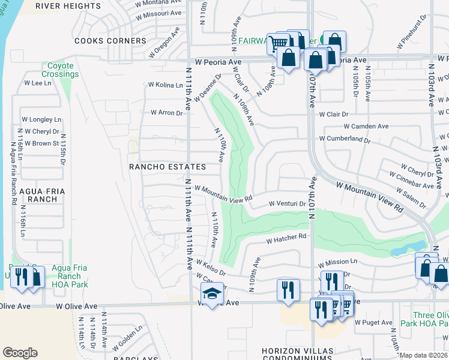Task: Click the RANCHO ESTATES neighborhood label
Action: click(168, 167)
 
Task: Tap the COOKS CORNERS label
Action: click(110, 41)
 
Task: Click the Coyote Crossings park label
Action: click(61, 70)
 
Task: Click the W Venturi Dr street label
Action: click(287, 204)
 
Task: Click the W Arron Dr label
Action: click(167, 112)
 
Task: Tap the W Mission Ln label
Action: click(337, 263)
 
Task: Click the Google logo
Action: click(20, 353)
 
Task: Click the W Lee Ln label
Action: click(37, 83)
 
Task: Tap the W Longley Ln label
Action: click(41, 119)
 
